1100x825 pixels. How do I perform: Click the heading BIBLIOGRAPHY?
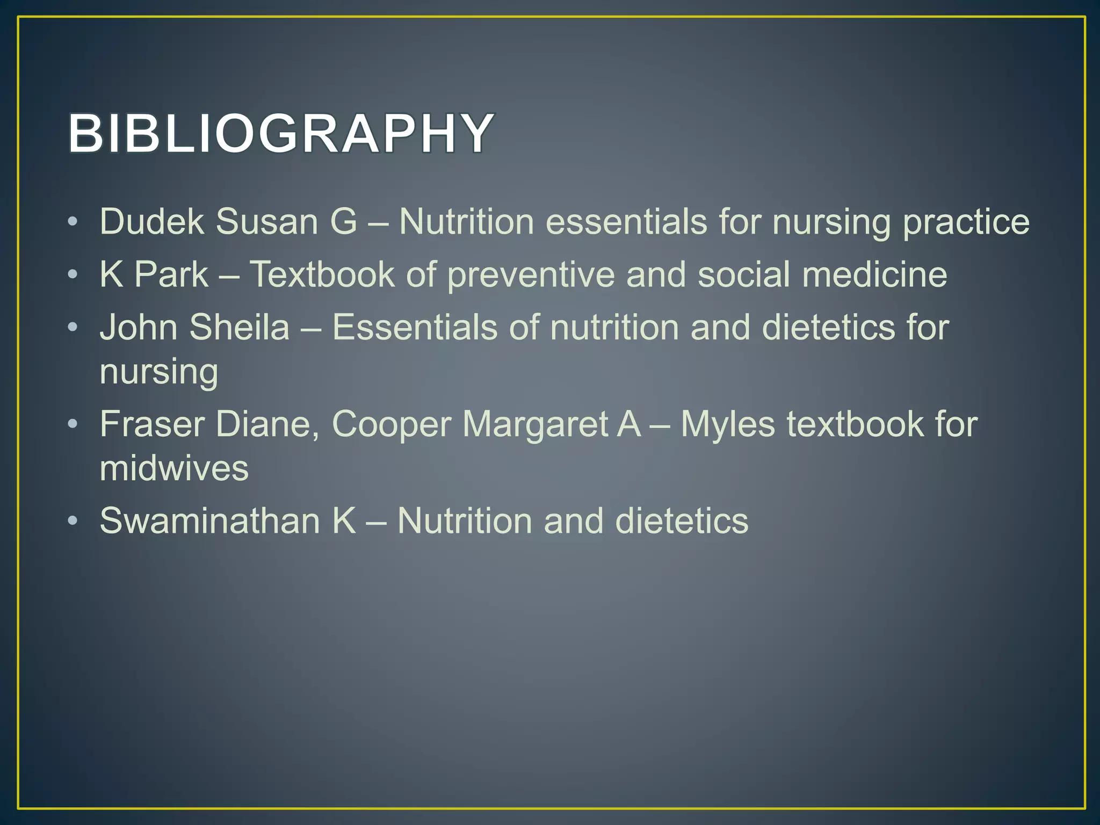(x=280, y=133)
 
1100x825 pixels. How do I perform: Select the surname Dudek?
(x=152, y=221)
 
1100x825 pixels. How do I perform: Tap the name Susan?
(x=267, y=221)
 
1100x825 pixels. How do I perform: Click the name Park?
(x=171, y=274)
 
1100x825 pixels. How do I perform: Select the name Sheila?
(x=240, y=327)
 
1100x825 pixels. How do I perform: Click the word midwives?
(x=174, y=468)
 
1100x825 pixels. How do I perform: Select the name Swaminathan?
(x=210, y=520)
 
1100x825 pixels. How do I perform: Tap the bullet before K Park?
(x=74, y=274)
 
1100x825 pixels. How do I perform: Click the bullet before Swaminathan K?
(x=74, y=520)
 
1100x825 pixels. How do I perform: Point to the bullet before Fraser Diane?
(x=74, y=424)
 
